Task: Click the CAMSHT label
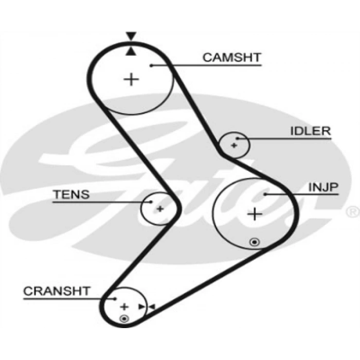(231, 57)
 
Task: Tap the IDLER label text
(310, 131)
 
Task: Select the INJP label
(323, 187)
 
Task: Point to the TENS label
(71, 194)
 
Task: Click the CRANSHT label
(57, 291)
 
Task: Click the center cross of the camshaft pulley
(132, 79)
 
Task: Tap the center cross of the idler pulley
(233, 146)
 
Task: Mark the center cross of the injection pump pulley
(254, 213)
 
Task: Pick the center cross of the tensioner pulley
(160, 208)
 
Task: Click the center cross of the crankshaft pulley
(123, 307)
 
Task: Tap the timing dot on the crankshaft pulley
(123, 319)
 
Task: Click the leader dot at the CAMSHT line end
(152, 65)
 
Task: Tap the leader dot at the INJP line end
(265, 194)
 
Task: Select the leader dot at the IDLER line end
(238, 138)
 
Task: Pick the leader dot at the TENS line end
(151, 202)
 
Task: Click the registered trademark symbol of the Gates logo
(353, 211)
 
